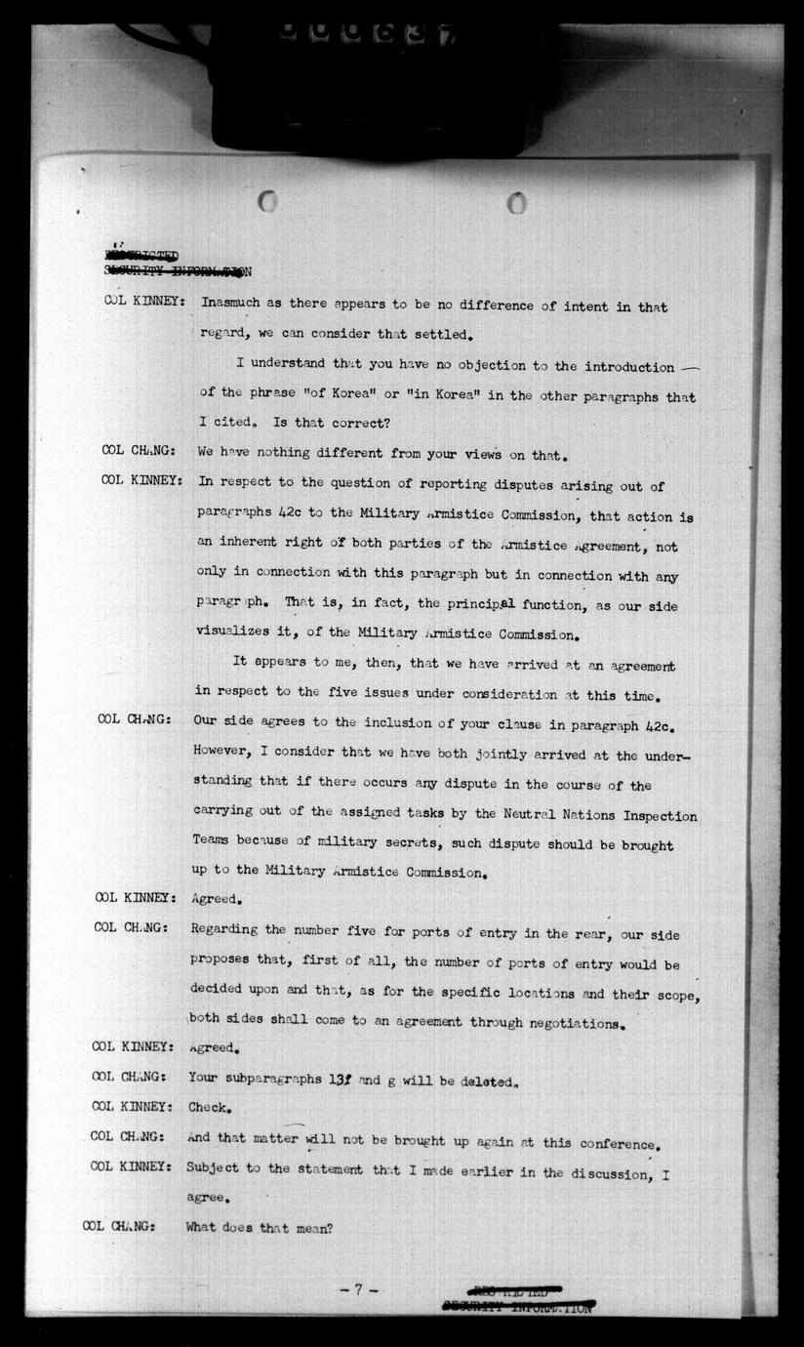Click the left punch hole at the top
[267, 201]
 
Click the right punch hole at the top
[517, 203]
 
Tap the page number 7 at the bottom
[358, 1289]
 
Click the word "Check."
[209, 1107]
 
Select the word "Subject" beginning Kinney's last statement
[216, 1167]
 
